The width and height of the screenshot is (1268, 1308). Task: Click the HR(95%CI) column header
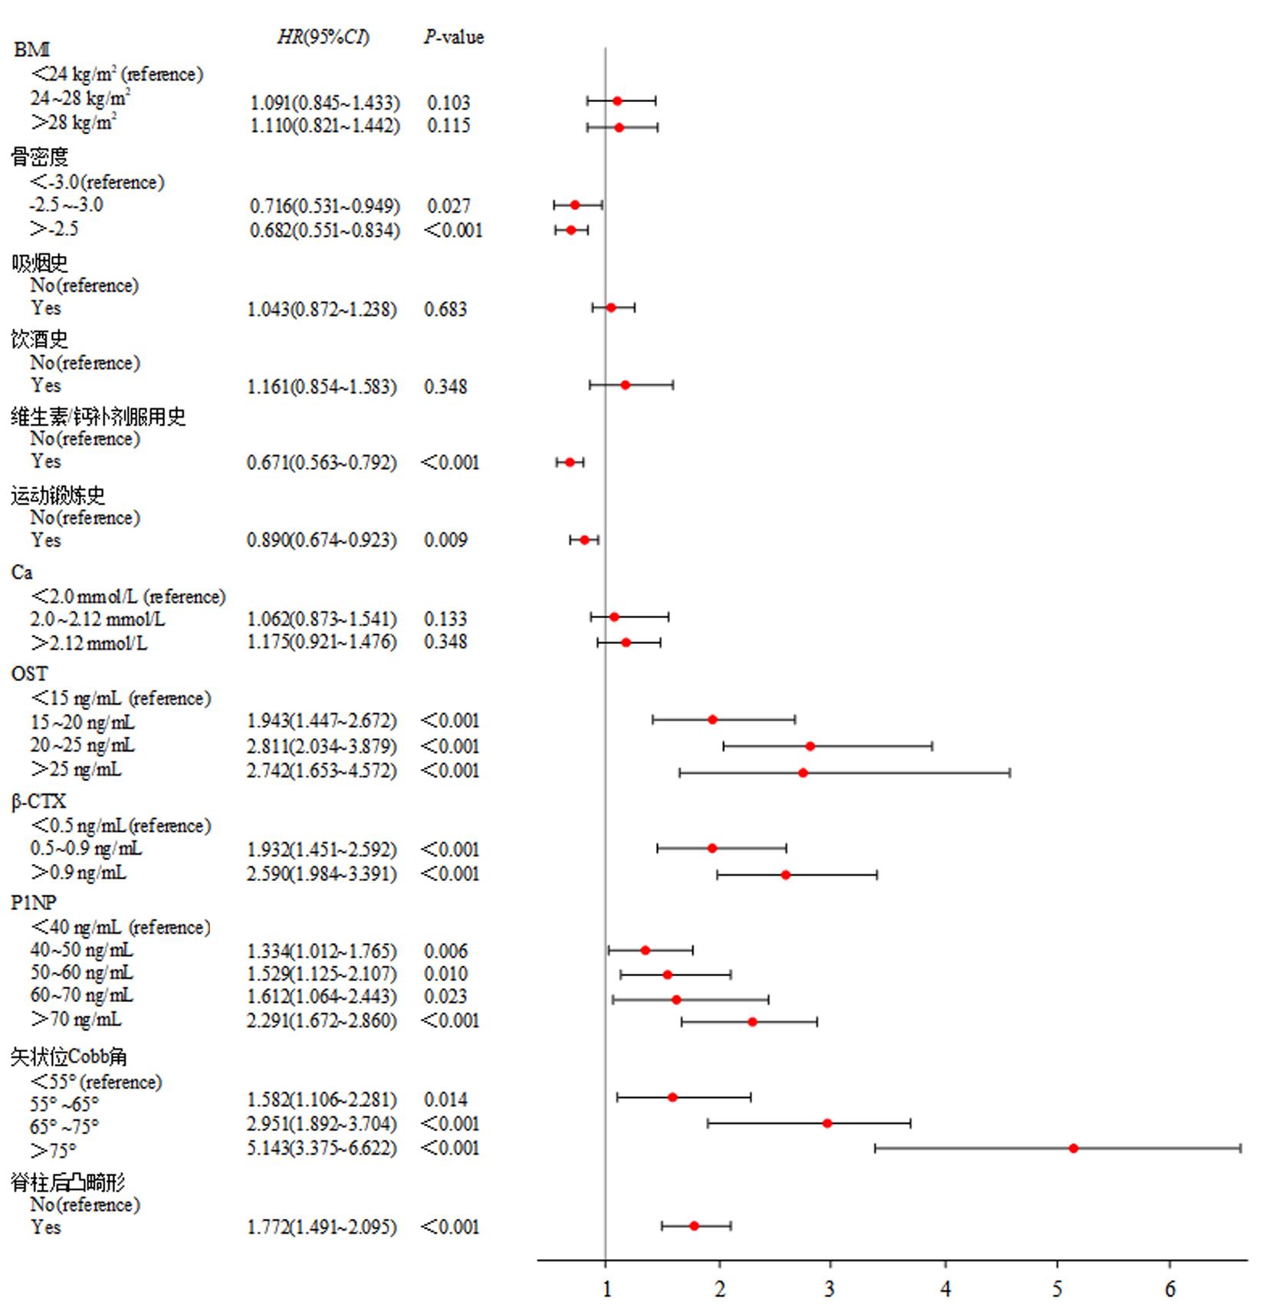pos(323,37)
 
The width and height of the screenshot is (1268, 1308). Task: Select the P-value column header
pos(454,37)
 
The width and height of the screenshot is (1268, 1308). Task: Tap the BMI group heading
pos(31,50)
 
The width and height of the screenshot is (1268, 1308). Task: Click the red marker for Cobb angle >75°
pos(1073,1148)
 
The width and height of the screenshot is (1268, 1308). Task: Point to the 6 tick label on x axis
pos(1170,1290)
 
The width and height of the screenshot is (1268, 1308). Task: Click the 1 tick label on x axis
pos(606,1290)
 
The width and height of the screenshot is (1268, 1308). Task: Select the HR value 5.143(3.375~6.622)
pos(322,1148)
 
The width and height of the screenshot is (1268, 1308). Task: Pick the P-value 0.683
pos(445,309)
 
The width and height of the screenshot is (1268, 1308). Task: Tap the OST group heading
pos(29,673)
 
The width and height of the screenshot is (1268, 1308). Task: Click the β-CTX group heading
pos(38,801)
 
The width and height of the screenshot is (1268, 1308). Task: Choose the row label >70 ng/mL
pos(76,1019)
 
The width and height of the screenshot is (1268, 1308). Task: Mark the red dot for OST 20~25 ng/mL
pos(810,746)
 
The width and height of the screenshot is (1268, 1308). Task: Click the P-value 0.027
pos(448,206)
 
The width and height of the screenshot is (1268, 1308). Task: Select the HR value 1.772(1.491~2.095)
pos(322,1227)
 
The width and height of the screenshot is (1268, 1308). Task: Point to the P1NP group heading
pos(34,902)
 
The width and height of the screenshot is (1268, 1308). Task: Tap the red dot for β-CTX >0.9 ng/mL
pos(786,875)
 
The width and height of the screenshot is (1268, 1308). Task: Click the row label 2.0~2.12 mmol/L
pos(97,619)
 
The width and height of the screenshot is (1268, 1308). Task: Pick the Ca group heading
pos(21,572)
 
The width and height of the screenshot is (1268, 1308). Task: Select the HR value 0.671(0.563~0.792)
pos(322,462)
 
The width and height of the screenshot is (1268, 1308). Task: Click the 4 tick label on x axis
pos(945,1290)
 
